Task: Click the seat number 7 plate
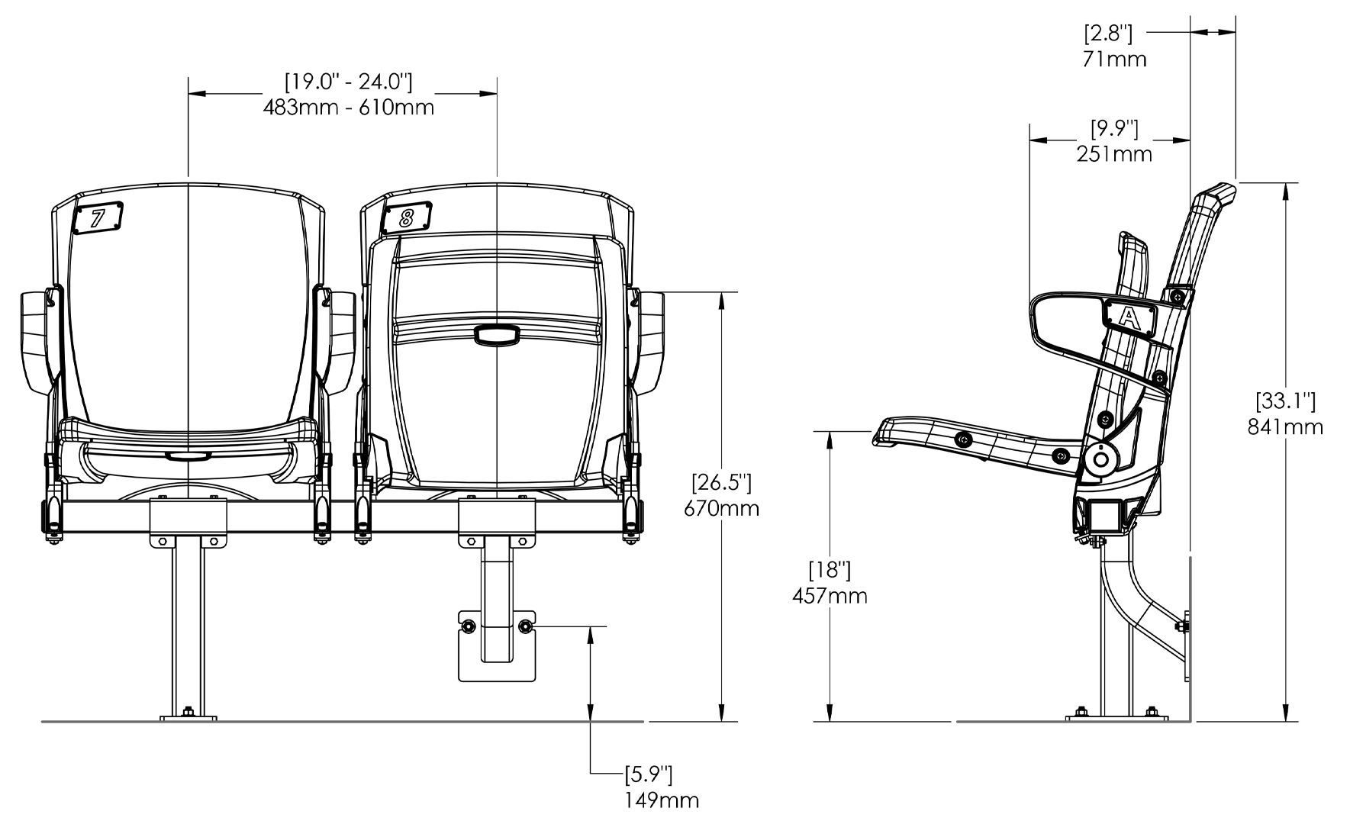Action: click(x=98, y=218)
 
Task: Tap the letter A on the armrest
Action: click(x=1129, y=315)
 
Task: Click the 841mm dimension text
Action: click(x=1285, y=426)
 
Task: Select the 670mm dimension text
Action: click(x=721, y=508)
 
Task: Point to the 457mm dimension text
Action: click(x=829, y=595)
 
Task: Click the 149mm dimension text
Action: click(x=661, y=800)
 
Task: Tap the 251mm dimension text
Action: click(x=1114, y=154)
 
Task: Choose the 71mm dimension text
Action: click(x=1114, y=59)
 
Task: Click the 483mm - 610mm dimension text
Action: click(x=349, y=108)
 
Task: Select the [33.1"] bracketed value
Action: click(x=1285, y=400)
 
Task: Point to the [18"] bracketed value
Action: click(x=829, y=569)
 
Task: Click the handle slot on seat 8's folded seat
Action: click(x=496, y=335)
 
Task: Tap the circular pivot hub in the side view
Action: click(x=1100, y=459)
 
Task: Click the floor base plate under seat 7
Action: click(x=188, y=716)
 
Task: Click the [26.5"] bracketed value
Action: click(x=721, y=482)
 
